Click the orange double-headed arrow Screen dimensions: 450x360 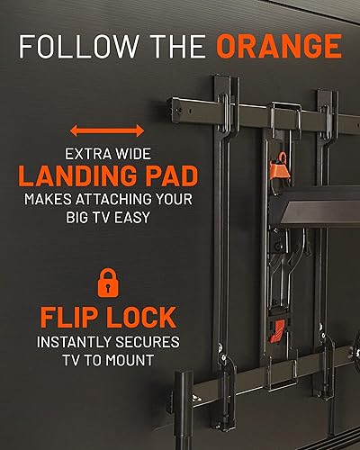click(108, 130)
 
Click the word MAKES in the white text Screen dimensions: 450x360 click(47, 196)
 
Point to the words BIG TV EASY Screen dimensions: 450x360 click(108, 216)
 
